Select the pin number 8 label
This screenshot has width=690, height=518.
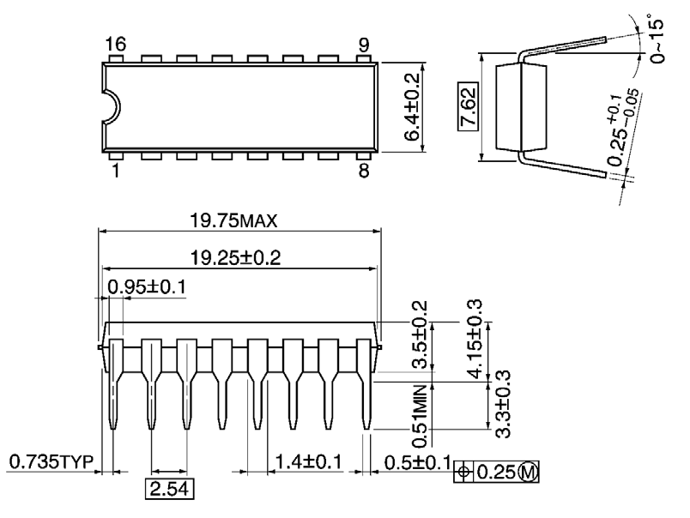point(364,171)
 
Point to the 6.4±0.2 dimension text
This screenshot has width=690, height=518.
point(414,107)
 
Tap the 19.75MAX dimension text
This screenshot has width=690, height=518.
point(234,222)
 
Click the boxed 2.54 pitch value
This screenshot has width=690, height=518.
point(167,491)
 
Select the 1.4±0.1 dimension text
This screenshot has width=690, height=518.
point(304,463)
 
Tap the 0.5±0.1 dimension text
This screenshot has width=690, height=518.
point(416,463)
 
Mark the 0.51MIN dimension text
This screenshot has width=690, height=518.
point(420,415)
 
